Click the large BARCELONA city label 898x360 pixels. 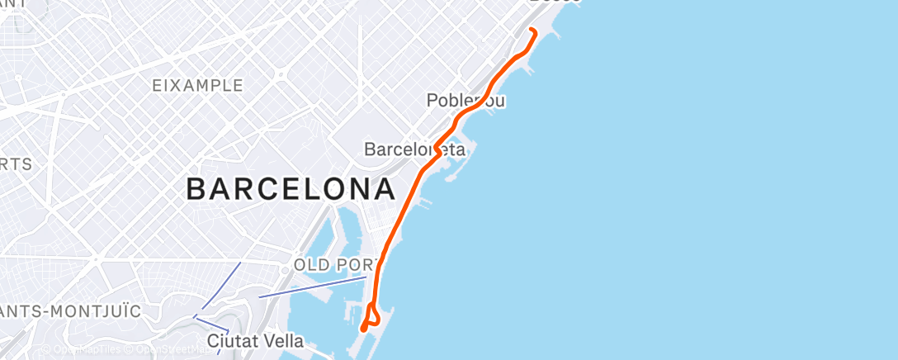point(291,190)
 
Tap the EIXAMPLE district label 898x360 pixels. point(197,86)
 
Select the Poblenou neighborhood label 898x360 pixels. point(466,101)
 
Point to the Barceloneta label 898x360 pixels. point(414,150)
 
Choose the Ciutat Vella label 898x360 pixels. point(255,341)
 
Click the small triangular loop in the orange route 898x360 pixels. point(373,315)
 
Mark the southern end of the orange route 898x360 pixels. point(363,330)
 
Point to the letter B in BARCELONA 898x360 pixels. point(196,190)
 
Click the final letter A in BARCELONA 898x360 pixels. point(383,190)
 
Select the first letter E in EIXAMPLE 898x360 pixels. point(157,86)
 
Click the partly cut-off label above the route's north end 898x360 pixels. point(554,2)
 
